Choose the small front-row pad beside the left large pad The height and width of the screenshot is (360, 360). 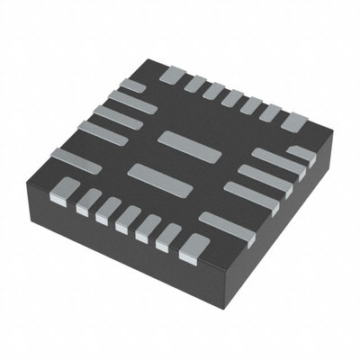tap(86, 200)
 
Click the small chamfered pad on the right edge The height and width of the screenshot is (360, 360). tap(301, 154)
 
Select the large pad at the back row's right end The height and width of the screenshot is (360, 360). tap(292, 121)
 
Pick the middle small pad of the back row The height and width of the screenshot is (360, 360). tap(232, 101)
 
